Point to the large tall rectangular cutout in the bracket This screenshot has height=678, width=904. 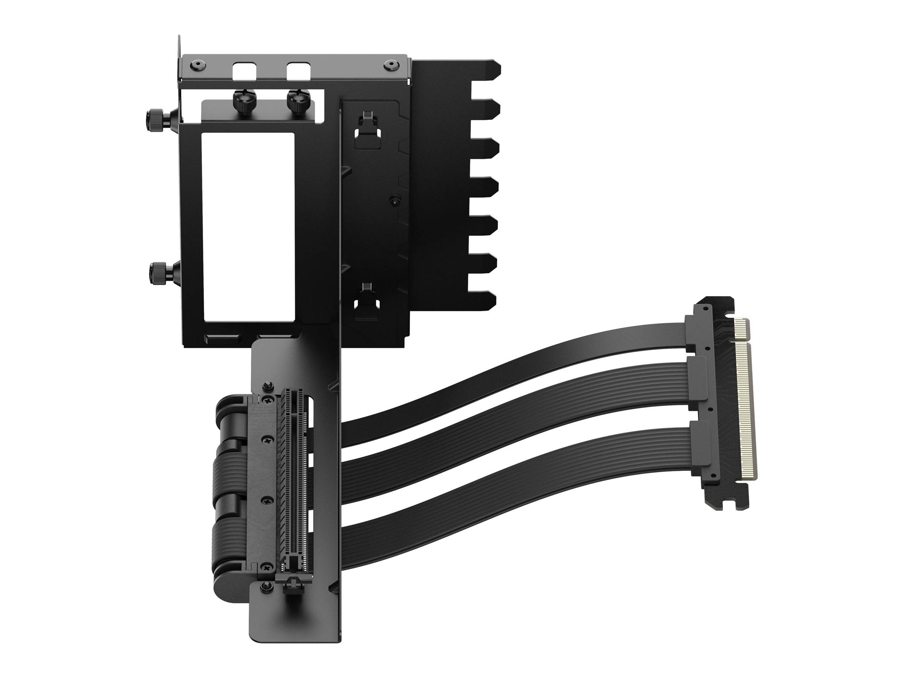click(x=248, y=225)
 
